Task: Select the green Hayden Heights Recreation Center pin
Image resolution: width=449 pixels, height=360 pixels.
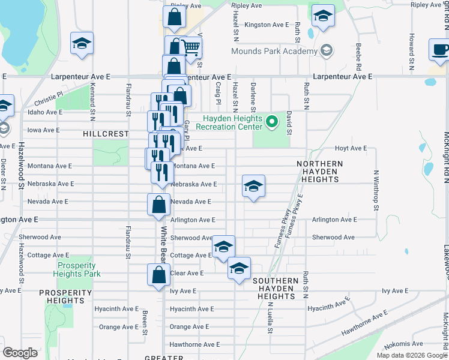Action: [x=272, y=122]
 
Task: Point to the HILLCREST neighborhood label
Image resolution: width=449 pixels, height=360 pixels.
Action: [x=106, y=134]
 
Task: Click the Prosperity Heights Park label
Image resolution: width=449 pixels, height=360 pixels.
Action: [x=77, y=269]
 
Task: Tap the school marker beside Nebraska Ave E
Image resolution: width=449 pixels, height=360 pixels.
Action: [x=253, y=187]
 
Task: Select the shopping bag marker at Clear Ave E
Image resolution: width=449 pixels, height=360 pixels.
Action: [x=158, y=275]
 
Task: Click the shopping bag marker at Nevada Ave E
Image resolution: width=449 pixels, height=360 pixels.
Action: [x=158, y=205]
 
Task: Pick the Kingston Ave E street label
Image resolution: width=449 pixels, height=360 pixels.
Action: [x=268, y=25]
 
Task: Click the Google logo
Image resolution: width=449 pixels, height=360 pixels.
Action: [x=20, y=353]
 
